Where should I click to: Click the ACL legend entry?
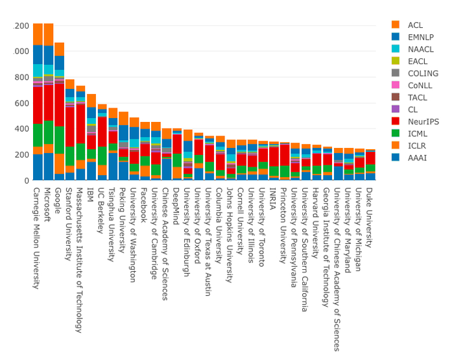416,25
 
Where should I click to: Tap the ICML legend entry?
418,134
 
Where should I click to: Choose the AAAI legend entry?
418,158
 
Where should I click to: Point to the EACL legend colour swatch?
396,61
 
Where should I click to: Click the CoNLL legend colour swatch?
396,85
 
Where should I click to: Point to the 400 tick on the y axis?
22,128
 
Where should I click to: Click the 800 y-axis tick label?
22,77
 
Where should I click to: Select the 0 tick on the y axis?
26,180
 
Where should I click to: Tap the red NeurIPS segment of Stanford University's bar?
70,126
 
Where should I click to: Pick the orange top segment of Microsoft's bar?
48,34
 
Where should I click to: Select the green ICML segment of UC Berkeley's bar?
102,156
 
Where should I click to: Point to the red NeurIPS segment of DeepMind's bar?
177,144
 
